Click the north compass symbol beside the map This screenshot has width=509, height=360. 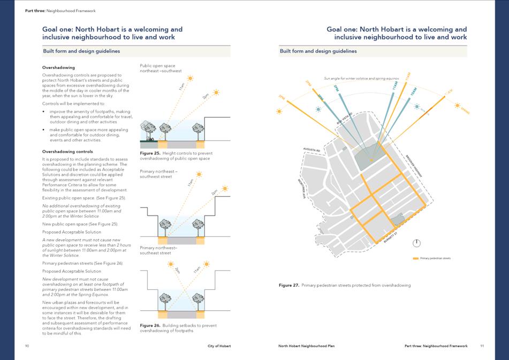coord(416,243)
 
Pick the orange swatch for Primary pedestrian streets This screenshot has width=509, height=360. coord(416,258)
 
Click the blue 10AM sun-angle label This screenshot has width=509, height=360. coord(413,92)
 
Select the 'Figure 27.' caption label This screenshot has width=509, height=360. coord(289,285)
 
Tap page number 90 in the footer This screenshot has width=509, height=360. coord(27,346)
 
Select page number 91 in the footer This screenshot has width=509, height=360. coord(482,346)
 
